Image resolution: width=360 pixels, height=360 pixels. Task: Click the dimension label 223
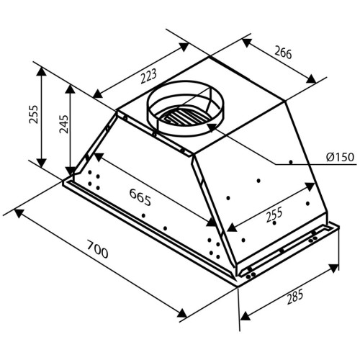(x=148, y=76)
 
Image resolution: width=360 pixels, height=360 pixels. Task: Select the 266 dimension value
(x=283, y=53)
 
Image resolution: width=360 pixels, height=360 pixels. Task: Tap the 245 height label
(x=64, y=125)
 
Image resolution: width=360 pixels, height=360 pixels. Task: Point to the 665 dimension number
(x=140, y=197)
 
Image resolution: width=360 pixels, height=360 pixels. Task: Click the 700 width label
(x=97, y=249)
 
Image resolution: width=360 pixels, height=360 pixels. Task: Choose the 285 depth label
(x=295, y=297)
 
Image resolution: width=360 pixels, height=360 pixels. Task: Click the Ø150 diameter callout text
(x=340, y=157)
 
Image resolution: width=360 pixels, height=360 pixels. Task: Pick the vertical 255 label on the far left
(x=33, y=114)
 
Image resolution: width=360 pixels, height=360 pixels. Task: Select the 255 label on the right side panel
(x=274, y=215)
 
